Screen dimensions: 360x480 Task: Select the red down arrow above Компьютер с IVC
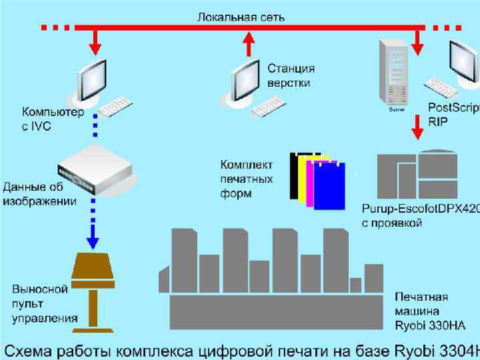pyautogui.click(x=95, y=43)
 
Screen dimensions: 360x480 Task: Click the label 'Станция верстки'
pyautogui.click(x=291, y=75)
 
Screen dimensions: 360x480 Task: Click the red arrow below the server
pyautogui.click(x=417, y=127)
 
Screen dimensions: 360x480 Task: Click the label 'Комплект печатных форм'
pyautogui.click(x=246, y=179)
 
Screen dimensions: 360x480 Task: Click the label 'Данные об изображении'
pyautogui.click(x=39, y=193)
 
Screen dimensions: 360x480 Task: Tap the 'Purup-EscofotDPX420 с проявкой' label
pyautogui.click(x=421, y=216)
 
